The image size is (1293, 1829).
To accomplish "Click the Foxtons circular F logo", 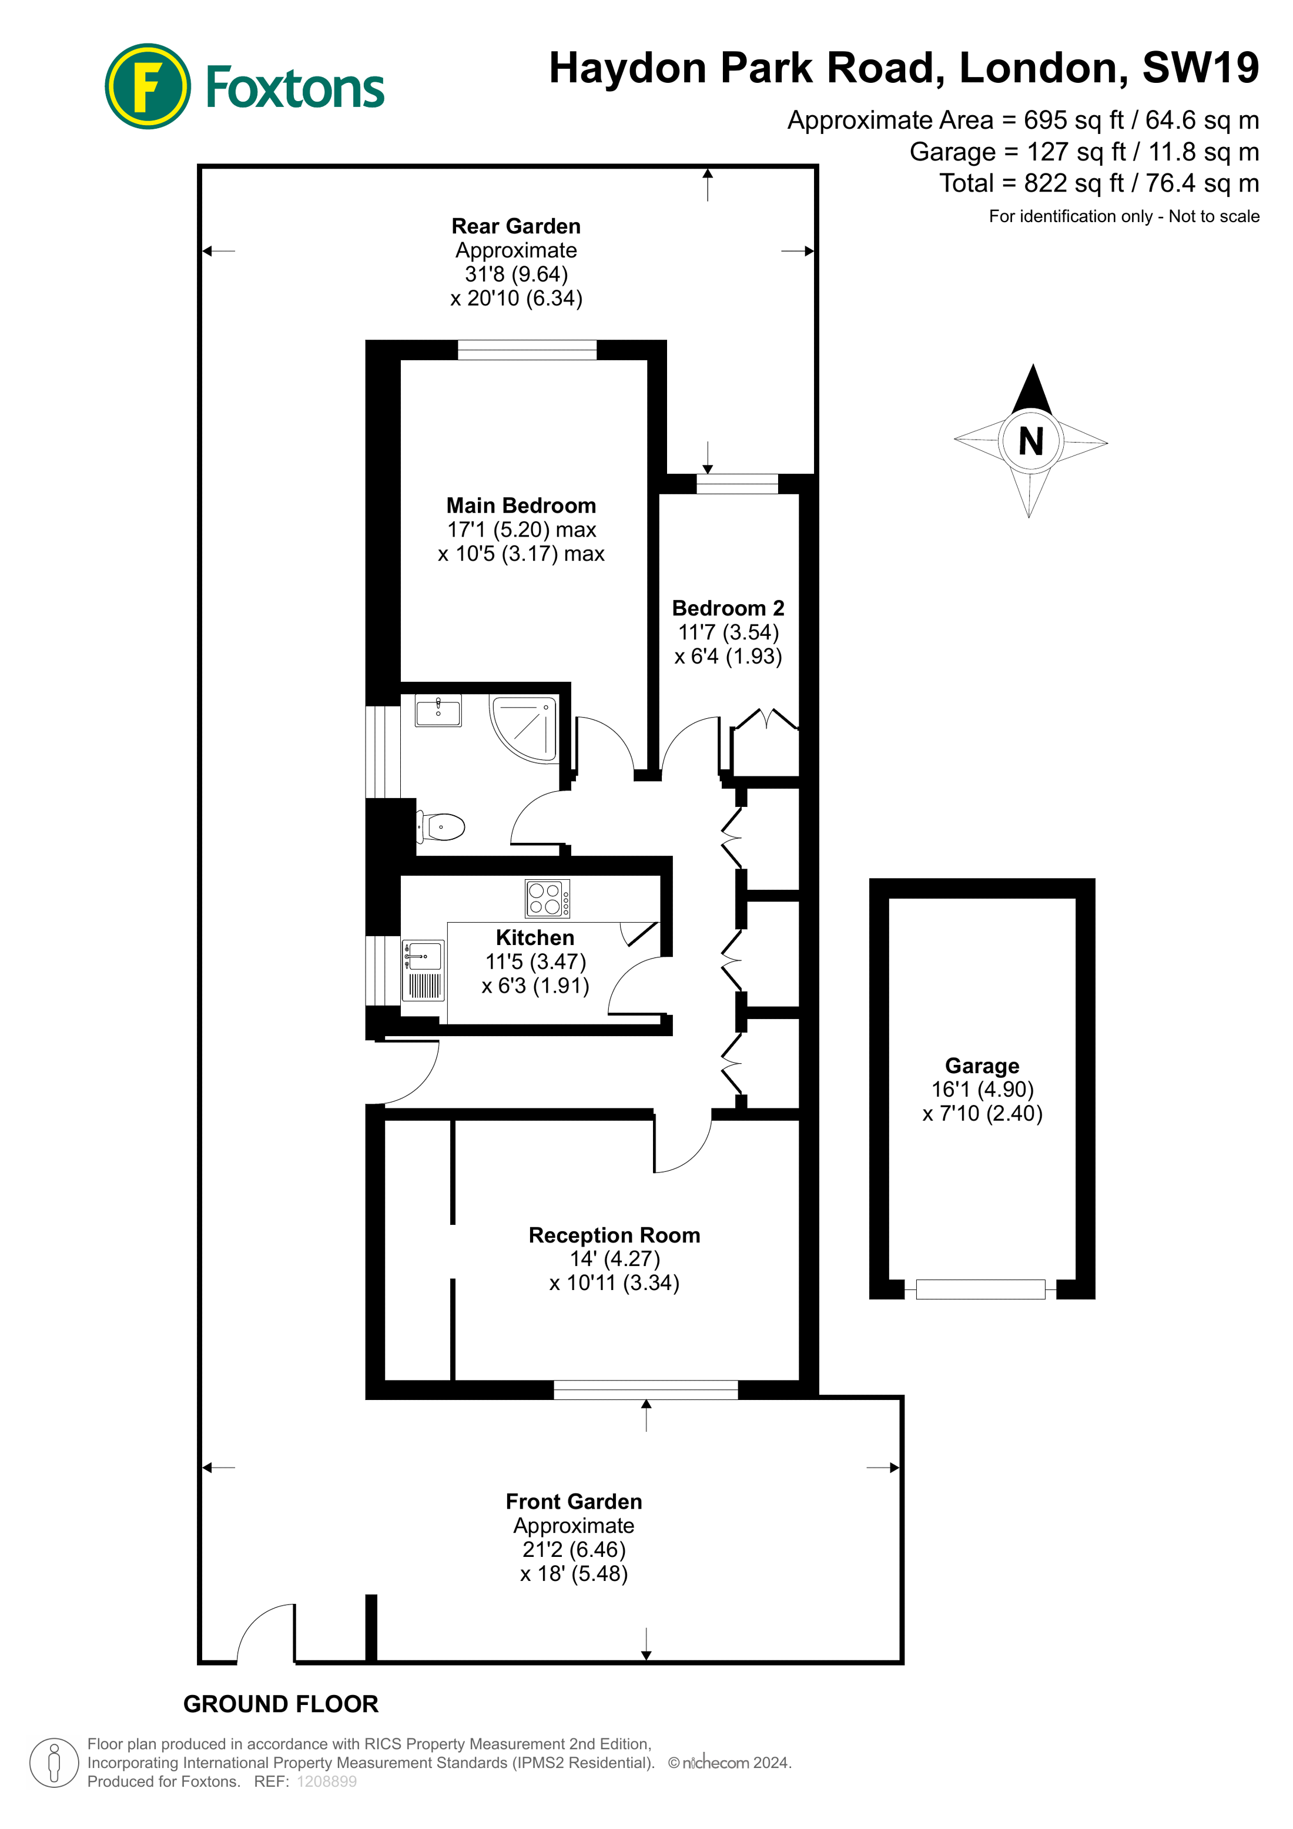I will coord(148,86).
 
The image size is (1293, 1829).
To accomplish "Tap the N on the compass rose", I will coord(1031,441).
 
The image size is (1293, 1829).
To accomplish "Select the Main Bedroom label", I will coord(521,506).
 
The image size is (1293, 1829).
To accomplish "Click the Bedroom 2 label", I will coord(728,609).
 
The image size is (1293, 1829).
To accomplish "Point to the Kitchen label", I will coord(535,937).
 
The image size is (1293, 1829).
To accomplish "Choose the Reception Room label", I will coord(614,1235).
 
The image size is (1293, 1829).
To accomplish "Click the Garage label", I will coord(982,1066).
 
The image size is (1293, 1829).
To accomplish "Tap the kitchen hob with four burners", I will coord(547,899).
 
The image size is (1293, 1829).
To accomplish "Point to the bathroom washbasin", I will coord(438,710).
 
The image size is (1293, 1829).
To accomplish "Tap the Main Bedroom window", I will coord(527,350).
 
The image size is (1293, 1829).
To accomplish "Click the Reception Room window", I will coord(645,1389).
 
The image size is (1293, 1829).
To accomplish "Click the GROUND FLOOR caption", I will coord(280,1704).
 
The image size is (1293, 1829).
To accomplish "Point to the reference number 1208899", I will coord(327,1781).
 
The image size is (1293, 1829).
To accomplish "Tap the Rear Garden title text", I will coord(515,226).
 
